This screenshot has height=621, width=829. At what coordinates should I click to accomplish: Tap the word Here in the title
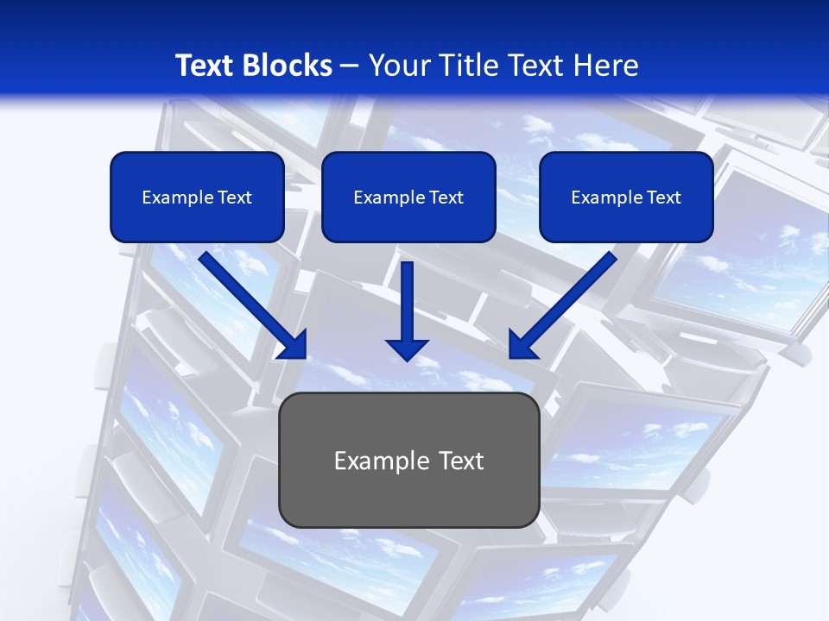click(605, 66)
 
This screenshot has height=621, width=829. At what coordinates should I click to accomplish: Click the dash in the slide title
click(350, 66)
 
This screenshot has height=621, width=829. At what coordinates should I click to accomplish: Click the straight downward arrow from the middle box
click(408, 302)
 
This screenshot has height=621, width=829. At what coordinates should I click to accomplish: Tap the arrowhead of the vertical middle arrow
click(408, 348)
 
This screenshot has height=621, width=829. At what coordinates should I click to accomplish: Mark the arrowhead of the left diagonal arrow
click(294, 345)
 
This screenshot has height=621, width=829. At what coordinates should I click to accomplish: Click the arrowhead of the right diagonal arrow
click(522, 345)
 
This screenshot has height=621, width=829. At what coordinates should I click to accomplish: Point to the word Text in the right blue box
click(664, 198)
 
